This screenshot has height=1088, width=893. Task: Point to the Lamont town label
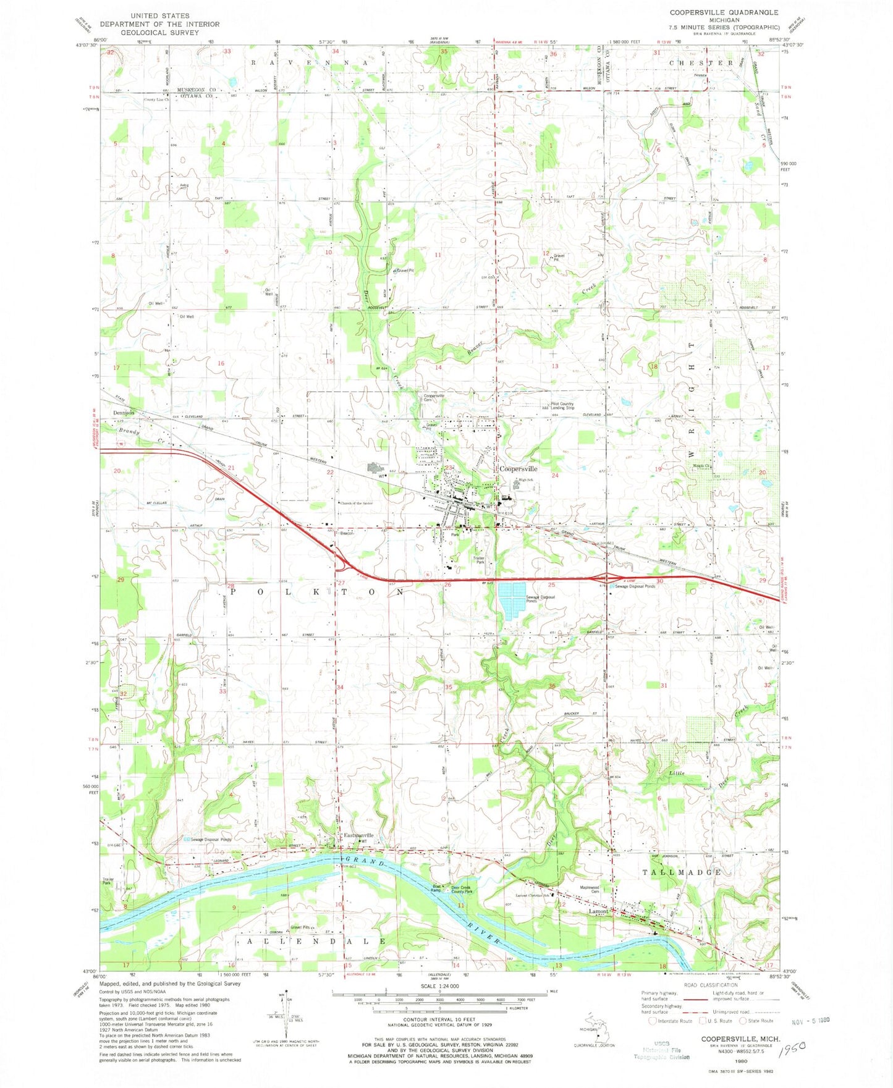598,911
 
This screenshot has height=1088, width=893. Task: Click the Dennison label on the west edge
124,413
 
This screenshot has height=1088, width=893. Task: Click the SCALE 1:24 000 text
440,984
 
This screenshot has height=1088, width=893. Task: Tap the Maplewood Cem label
589,890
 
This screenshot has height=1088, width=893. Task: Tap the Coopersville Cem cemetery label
434,398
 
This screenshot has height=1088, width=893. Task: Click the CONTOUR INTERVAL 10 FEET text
440,1023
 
